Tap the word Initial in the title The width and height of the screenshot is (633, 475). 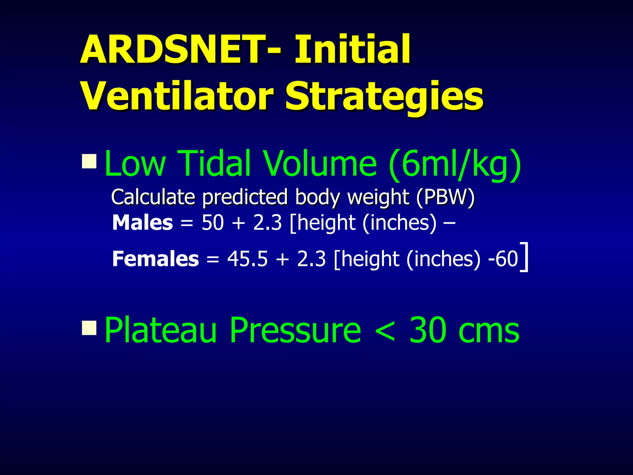(352, 49)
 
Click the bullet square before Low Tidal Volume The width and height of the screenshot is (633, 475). (89, 161)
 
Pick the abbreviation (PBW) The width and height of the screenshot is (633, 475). (445, 197)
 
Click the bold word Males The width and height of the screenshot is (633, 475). (142, 223)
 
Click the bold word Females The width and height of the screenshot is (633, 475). (155, 259)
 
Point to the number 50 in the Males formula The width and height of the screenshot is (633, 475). (213, 223)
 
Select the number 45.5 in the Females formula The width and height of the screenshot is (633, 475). (247, 259)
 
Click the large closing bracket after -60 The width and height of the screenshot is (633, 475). (524, 257)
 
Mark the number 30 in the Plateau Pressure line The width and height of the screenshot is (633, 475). (428, 330)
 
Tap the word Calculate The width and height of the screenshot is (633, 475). (153, 197)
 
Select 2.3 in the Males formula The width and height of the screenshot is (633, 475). (267, 223)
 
